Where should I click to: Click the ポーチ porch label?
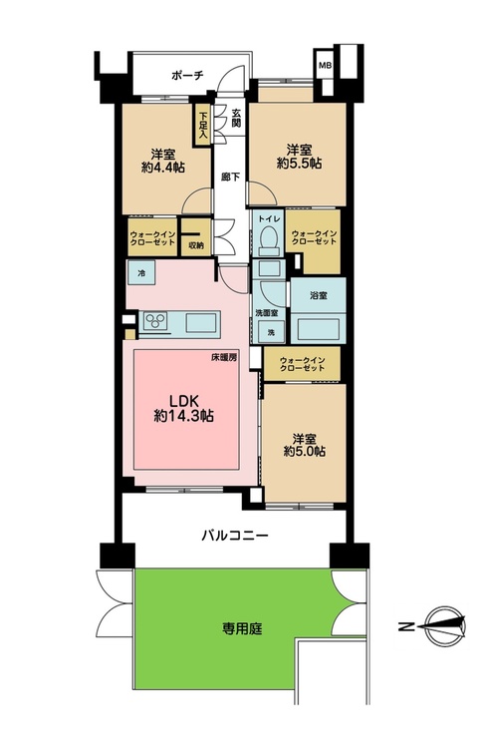186,76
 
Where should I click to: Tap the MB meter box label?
325,65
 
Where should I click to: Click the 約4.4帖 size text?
164,168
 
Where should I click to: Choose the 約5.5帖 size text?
298,163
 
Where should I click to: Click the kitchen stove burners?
158,321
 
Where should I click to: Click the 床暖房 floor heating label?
224,357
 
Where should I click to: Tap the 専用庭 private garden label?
242,628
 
